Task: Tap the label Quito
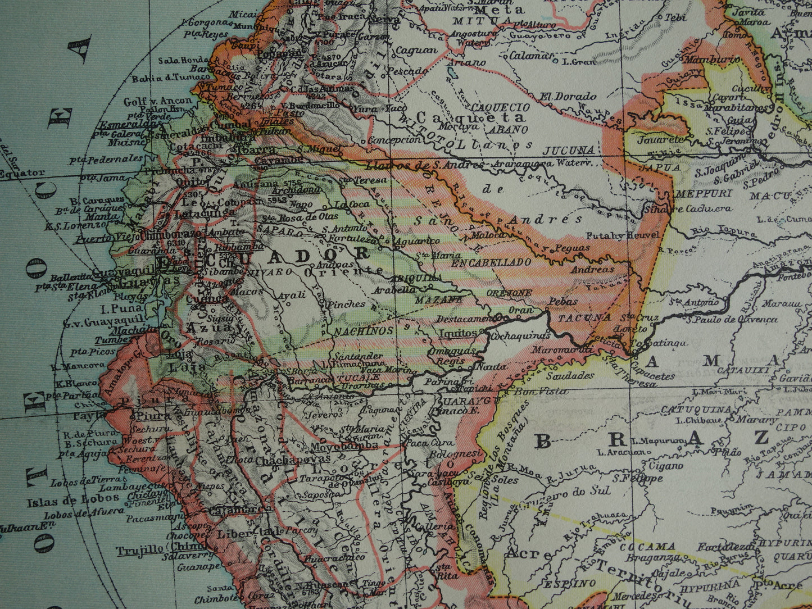184,182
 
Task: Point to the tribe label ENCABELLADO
491,262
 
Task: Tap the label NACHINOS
364,331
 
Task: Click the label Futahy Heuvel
622,235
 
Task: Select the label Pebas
563,302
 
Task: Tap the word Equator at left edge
22,173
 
